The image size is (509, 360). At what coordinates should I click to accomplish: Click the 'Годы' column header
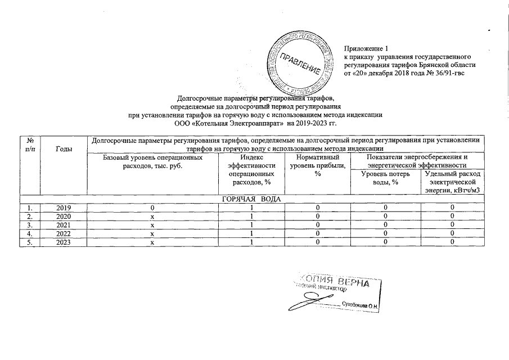pyautogui.click(x=65, y=148)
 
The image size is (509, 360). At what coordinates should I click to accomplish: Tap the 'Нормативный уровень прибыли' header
pyautogui.click(x=317, y=166)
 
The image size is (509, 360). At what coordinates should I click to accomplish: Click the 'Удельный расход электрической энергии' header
pyautogui.click(x=452, y=182)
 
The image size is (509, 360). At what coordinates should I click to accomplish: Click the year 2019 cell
pyautogui.click(x=65, y=208)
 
